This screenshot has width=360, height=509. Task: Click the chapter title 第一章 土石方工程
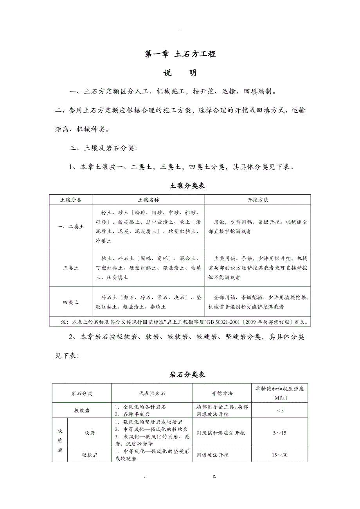coord(180,54)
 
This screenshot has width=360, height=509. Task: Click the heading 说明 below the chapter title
coord(180,73)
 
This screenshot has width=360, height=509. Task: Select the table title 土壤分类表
coord(187,186)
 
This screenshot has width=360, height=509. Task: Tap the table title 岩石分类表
coord(187,375)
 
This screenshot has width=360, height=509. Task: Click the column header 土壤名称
coord(148,200)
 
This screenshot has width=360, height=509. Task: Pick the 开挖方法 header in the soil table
coord(257,200)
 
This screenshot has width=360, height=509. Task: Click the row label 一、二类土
coord(71,227)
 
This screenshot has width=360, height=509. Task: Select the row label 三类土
coord(71,268)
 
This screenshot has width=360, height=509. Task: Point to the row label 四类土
coord(71,302)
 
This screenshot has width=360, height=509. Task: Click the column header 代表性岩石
coord(152,393)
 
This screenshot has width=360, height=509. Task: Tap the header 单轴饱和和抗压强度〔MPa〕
coord(280,393)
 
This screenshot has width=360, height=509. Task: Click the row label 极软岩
coord(82,410)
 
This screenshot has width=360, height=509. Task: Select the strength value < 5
coord(280,410)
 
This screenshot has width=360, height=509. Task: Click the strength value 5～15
coord(280,433)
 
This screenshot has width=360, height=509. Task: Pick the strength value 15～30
coord(280,455)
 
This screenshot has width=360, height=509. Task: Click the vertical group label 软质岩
coord(60,440)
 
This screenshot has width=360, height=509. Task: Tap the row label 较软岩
coord(90,455)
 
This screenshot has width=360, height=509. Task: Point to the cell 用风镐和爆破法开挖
coord(221,433)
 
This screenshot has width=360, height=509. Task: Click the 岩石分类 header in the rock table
coord(82,393)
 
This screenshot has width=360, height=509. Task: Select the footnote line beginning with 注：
coord(180,323)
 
